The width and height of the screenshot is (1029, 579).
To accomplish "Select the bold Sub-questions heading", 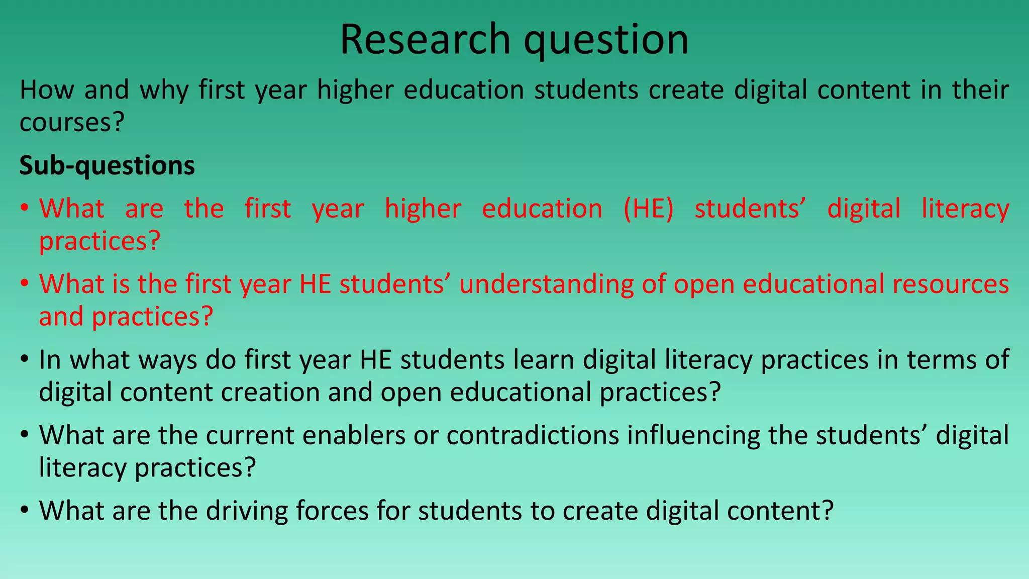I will tap(107, 165).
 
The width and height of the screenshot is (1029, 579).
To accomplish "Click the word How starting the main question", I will tap(47, 90).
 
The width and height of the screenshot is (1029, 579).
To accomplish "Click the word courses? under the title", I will tap(71, 122).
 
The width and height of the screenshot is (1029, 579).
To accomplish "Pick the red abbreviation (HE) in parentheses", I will tap(648, 209).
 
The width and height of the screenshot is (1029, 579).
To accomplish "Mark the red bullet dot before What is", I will tap(25, 284).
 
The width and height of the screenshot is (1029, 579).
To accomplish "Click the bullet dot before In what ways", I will tap(25, 360).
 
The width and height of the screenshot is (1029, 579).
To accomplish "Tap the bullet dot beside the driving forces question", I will tap(25, 511).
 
